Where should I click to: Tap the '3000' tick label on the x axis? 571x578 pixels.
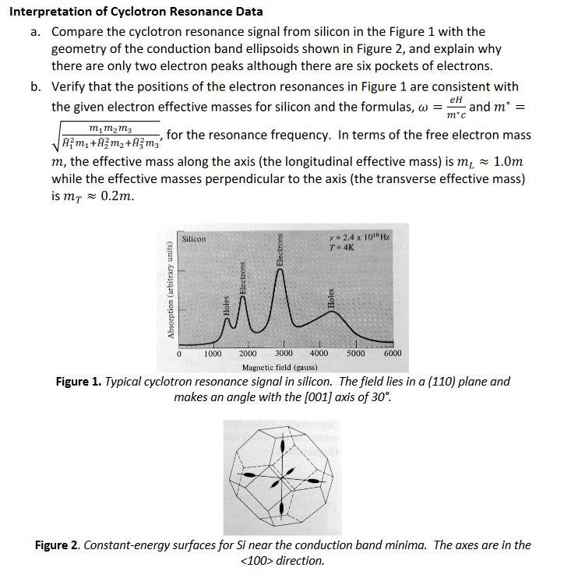[284, 354]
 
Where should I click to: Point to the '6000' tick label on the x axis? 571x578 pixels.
[393, 354]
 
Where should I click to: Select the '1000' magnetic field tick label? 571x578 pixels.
[212, 354]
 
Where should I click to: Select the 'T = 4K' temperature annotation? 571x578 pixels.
[344, 247]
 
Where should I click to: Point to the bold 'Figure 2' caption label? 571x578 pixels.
[59, 545]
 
